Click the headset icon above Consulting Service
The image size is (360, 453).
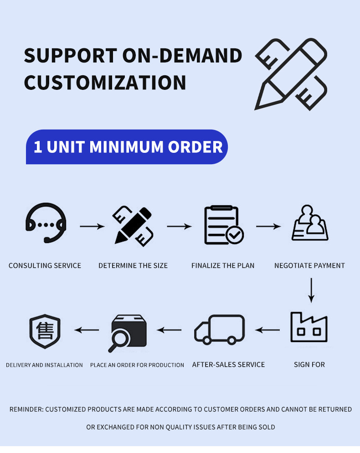(x=46, y=224)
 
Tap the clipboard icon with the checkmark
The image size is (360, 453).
(x=223, y=225)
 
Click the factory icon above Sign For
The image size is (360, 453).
(x=309, y=328)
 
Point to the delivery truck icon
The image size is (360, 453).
(x=219, y=329)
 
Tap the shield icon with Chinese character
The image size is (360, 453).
(x=45, y=331)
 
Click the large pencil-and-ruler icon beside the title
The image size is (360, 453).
(x=291, y=74)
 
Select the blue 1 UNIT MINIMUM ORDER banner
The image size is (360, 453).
(x=127, y=147)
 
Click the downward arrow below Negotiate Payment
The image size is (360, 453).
(x=311, y=290)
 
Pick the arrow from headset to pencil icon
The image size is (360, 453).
(x=92, y=226)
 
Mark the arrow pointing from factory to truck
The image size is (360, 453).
(x=267, y=330)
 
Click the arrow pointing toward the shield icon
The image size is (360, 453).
(x=87, y=330)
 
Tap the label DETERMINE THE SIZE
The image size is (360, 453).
(x=133, y=266)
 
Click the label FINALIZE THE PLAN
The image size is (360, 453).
(x=223, y=266)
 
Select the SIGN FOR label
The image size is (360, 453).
(x=309, y=364)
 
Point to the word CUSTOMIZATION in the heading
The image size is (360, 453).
(x=105, y=83)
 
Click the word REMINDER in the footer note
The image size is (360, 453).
(x=26, y=409)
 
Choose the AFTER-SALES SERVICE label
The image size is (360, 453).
(x=228, y=364)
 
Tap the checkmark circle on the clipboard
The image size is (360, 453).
(x=235, y=235)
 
